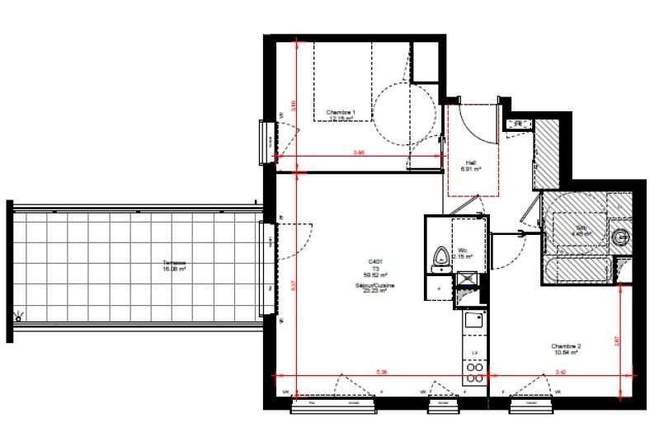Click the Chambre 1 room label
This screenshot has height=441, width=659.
click(x=341, y=112)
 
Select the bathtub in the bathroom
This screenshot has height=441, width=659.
click(x=580, y=270)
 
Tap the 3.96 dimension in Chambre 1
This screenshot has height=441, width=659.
click(x=359, y=152)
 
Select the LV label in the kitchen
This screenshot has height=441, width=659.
click(x=474, y=352)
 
